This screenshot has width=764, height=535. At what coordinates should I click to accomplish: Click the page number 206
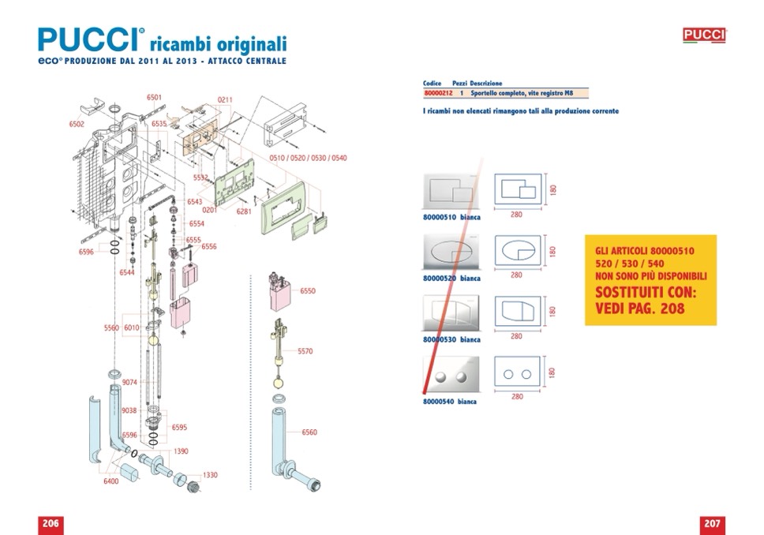coord(51,524)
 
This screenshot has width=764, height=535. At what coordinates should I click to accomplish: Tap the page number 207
coord(712,524)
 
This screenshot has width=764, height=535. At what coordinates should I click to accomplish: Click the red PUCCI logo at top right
coord(704,35)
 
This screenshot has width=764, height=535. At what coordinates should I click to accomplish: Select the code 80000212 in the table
coord(438,93)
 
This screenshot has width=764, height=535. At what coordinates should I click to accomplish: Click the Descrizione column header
coord(486,83)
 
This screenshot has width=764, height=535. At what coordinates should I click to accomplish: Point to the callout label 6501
coord(155,97)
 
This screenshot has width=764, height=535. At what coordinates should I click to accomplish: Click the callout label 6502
coord(77,124)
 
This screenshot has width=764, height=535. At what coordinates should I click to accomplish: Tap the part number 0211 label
coord(225,99)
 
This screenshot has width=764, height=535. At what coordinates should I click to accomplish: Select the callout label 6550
coord(308,291)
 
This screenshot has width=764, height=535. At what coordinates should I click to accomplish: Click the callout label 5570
coord(305,351)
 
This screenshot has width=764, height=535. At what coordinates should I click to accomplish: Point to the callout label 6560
coord(309,432)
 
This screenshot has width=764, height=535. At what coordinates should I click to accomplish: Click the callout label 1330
coord(210,475)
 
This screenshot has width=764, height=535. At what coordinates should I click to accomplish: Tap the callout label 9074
coord(129,382)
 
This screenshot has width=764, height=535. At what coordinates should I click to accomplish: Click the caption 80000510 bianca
coord(452,217)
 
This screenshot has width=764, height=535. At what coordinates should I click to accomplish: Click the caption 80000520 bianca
coord(452,278)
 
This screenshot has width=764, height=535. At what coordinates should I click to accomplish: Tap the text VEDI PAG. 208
coord(640,309)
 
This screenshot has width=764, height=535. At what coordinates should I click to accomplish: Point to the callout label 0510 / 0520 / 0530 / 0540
coord(308,159)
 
